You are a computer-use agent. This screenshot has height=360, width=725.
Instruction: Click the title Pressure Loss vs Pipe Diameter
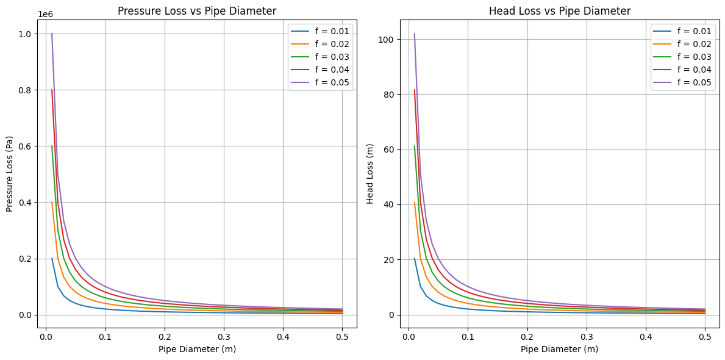[x=197, y=11]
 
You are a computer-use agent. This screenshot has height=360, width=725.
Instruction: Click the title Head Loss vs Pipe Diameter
[x=560, y=11]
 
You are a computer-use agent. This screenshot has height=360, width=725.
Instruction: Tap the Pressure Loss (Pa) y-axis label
[x=10, y=174]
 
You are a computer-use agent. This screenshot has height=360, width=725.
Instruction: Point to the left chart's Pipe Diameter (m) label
[x=197, y=350]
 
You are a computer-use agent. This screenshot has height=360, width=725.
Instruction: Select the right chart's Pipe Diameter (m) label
[x=560, y=350]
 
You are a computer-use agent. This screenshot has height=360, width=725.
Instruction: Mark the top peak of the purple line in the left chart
[x=52, y=34]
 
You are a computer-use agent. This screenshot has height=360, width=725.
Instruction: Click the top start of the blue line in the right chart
[x=415, y=258]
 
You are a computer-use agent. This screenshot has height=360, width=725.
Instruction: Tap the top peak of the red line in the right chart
[x=415, y=90]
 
